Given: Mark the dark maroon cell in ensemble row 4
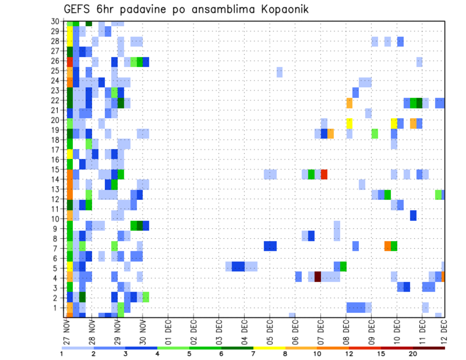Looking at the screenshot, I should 317,277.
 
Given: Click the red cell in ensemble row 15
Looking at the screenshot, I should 324,174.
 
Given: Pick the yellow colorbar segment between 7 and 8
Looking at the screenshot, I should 269,347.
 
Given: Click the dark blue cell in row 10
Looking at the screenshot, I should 413,215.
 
